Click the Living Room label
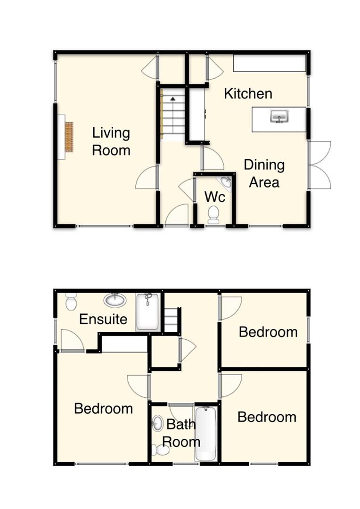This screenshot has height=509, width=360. pos(111,141)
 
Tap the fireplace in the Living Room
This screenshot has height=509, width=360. pos(69,137)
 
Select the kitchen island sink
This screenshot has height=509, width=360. pos(279,116)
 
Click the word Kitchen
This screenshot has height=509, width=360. pos(248,93)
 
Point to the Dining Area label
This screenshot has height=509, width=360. pos(264,173)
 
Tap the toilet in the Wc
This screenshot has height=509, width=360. pos(213,214)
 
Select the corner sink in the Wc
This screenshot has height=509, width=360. pos(226,182)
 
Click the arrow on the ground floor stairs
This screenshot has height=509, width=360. pos(173,99)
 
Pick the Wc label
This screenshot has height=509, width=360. pos(214,197)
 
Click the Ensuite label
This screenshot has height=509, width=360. pos(103,319)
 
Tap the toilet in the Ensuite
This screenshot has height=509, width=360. pos(71,301)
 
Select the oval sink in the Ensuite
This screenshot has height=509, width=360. pos(115,300)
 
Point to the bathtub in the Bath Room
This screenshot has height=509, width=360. pos(206,434)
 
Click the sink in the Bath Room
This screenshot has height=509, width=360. pos(157,424)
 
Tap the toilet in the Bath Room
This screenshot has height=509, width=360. pos(161,451)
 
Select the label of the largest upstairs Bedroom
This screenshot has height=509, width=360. pos(103,408)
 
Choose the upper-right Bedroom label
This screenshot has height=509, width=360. pos(268,332)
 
